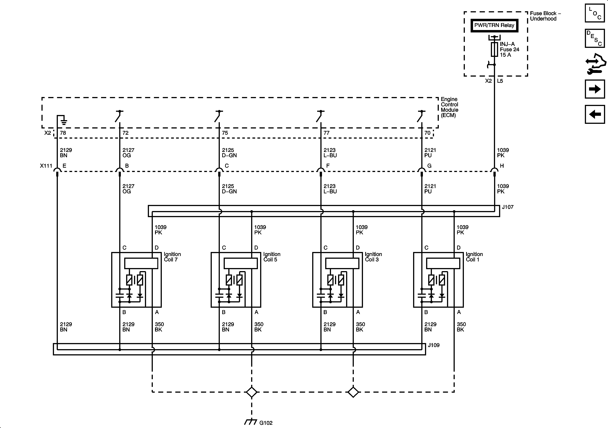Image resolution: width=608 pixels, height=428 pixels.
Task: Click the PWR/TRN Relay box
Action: pyautogui.click(x=494, y=25)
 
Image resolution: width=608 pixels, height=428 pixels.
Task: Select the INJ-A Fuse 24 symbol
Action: pyautogui.click(x=494, y=49)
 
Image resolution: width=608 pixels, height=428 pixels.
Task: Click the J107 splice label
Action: pyautogui.click(x=508, y=207)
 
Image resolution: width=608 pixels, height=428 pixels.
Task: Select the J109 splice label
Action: pyautogui.click(x=434, y=345)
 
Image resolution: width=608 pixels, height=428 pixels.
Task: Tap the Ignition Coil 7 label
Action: pyautogui.click(x=172, y=257)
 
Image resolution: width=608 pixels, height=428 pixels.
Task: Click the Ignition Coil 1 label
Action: pyautogui.click(x=474, y=257)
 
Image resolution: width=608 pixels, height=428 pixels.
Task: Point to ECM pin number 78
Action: pyautogui.click(x=63, y=133)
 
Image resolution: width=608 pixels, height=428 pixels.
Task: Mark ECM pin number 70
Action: pyautogui.click(x=427, y=133)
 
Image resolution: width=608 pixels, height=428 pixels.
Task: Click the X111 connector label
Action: pyautogui.click(x=46, y=166)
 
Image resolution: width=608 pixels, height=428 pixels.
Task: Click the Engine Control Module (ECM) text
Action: pyautogui.click(x=449, y=107)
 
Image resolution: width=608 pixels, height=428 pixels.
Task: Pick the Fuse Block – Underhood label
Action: pyautogui.click(x=545, y=16)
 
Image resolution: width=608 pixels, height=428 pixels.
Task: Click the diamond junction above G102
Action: pyautogui.click(x=252, y=392)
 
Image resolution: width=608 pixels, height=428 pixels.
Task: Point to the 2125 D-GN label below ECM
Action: pyautogui.click(x=229, y=153)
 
